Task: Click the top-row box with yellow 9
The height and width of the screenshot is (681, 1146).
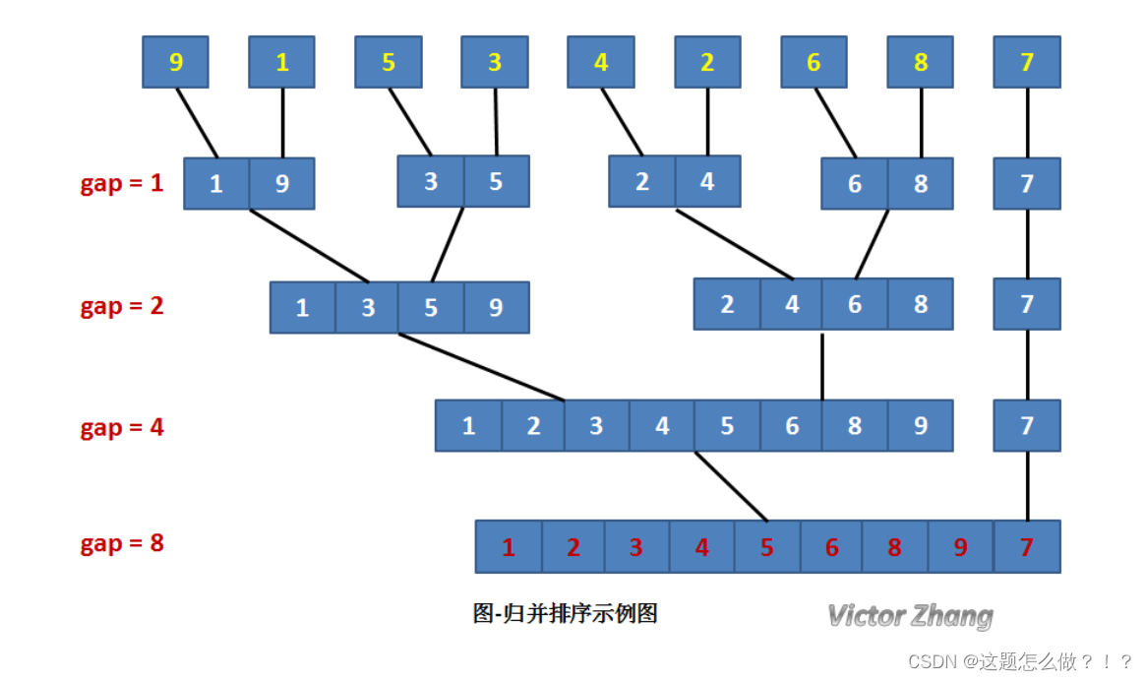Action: (176, 62)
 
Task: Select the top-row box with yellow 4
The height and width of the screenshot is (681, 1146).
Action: (601, 62)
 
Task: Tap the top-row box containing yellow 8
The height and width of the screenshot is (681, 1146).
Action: (921, 62)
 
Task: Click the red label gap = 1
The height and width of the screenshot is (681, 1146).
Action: (122, 183)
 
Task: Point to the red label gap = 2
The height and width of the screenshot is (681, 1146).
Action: (122, 306)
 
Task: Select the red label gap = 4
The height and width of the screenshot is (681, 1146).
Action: (122, 428)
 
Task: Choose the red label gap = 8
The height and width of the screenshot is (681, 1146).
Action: (122, 543)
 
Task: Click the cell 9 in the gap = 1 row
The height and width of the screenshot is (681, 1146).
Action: (281, 184)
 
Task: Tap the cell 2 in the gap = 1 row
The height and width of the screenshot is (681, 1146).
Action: (641, 182)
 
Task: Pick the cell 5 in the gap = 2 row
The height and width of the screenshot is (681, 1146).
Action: (431, 307)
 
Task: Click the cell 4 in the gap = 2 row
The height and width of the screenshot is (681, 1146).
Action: (792, 304)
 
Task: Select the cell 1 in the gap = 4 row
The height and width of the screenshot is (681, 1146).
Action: (468, 426)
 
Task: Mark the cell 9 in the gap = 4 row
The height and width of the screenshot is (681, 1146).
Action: (921, 426)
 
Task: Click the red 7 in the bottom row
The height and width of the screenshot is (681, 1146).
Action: (1027, 547)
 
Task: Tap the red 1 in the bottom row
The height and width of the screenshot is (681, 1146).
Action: (509, 547)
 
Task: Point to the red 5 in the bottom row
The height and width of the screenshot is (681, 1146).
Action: (767, 547)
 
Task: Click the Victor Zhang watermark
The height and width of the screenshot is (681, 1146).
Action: (910, 616)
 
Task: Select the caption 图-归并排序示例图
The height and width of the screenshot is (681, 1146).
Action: (565, 614)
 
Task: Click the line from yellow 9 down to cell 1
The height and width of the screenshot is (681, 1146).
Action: (197, 123)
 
